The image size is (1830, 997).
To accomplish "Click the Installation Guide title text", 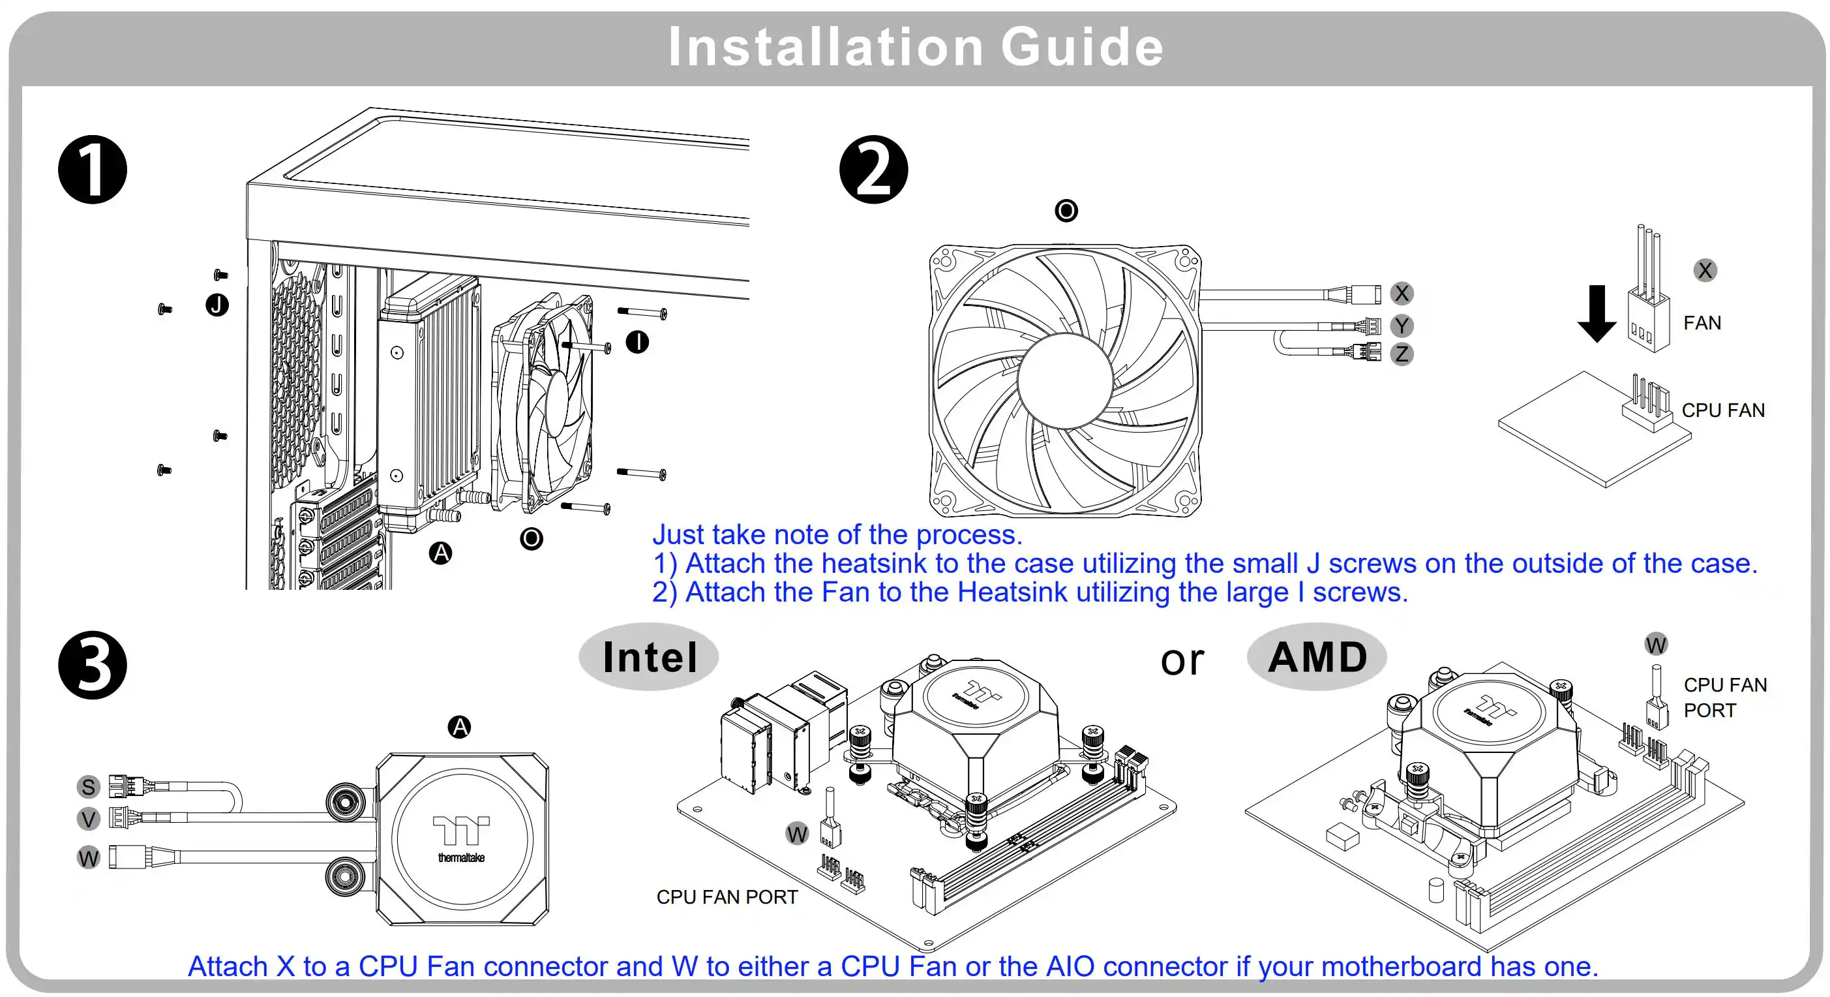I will (915, 47).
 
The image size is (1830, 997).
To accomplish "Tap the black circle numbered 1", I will (93, 170).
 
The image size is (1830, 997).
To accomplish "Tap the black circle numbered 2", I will (873, 170).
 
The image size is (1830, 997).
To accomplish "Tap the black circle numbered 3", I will (93, 665).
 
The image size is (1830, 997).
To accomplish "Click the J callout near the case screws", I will (217, 305).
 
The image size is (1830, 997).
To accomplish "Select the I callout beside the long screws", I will (637, 342).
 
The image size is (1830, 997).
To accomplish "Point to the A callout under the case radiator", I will (440, 553).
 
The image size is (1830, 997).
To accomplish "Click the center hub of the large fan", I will (1064, 380).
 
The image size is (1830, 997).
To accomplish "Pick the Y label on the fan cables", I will (1401, 326).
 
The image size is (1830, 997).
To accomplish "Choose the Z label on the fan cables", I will (1401, 354).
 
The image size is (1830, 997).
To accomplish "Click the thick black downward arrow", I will (1597, 313).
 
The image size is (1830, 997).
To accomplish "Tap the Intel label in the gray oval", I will (650, 657).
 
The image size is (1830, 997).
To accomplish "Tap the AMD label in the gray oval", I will (1317, 657).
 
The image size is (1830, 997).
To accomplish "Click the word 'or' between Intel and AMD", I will (1182, 660).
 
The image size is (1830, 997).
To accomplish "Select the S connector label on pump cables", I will (88, 787).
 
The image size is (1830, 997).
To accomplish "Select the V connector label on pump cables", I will (88, 820).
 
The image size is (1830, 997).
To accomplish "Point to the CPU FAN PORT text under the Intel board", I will (727, 897).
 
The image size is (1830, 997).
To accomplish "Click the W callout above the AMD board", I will (1655, 645).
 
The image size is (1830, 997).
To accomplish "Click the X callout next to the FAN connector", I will (1705, 270).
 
